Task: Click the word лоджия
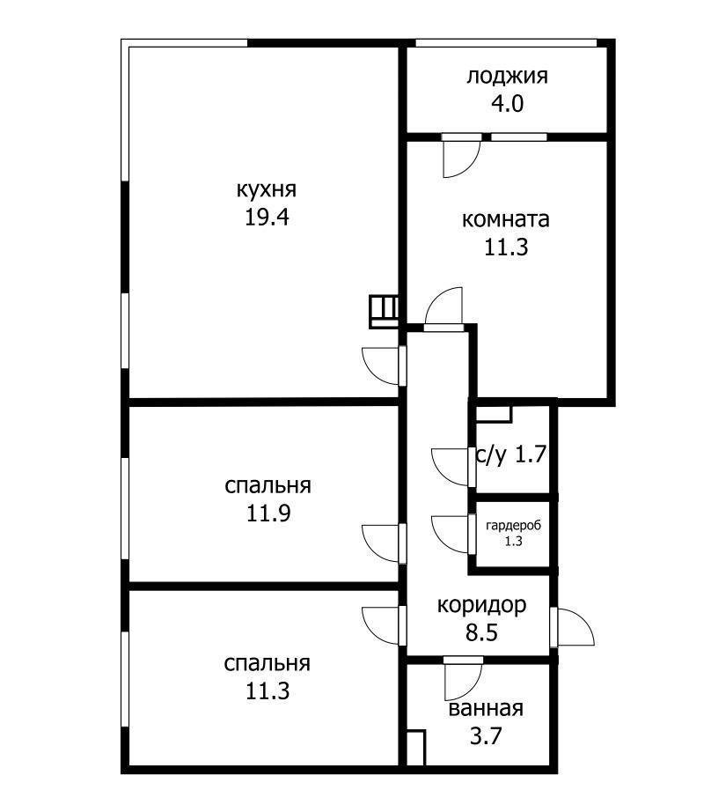(507, 76)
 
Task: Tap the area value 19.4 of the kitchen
(268, 218)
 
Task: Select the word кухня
(267, 189)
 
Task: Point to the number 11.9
(268, 513)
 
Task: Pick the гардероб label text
(513, 526)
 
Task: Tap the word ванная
(486, 709)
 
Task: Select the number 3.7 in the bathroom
(486, 735)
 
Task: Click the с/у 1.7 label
(511, 455)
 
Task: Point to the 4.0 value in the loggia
(507, 103)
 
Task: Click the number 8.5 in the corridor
(482, 632)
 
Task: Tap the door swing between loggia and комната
(459, 158)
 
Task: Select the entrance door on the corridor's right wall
(574, 627)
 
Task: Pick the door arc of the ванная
(462, 680)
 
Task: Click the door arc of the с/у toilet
(451, 466)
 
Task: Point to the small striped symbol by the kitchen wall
(384, 311)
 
